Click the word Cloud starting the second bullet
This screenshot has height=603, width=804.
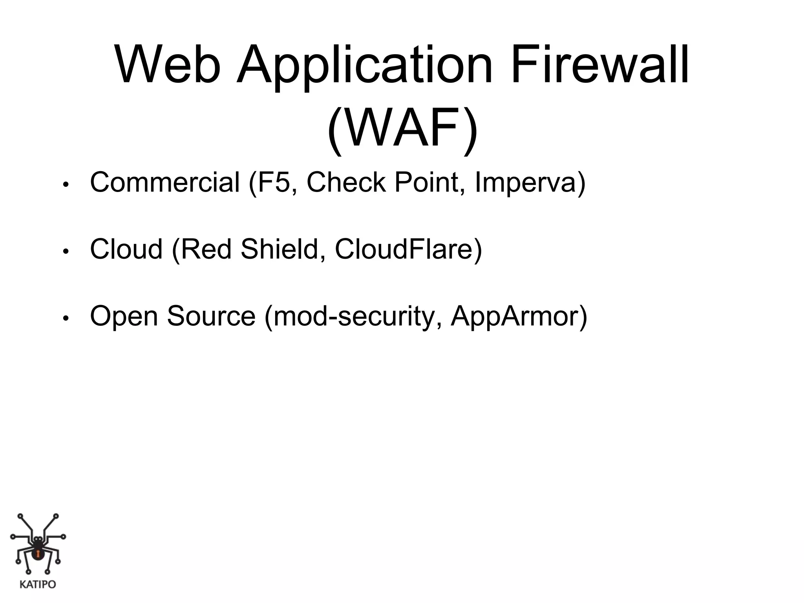coord(126,249)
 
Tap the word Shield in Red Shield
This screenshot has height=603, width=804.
coord(279,249)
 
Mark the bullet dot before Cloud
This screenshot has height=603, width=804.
coord(66,251)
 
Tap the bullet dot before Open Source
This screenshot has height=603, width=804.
coord(66,318)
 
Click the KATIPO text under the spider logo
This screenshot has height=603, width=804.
coord(38,585)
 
